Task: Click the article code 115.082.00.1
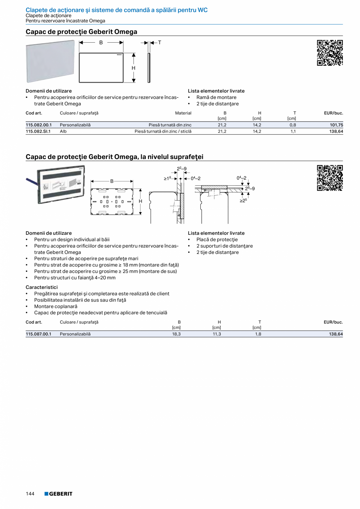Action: (38, 125)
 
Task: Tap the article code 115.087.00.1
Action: (38, 334)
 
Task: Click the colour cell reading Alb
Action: (63, 131)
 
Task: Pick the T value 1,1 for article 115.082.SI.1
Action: (293, 131)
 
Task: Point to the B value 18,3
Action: (176, 334)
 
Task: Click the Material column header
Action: (183, 113)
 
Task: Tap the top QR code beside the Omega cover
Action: (330, 52)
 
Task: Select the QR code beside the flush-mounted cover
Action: (330, 178)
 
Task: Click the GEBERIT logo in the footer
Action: (58, 494)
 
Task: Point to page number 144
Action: (30, 494)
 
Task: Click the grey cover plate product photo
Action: (50, 63)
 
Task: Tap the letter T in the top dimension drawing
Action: (160, 42)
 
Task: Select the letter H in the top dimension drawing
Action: (133, 68)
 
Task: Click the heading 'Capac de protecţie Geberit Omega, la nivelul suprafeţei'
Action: (115, 157)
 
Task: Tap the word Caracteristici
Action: (41, 287)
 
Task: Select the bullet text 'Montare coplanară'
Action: (56, 306)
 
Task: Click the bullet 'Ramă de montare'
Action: (216, 97)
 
